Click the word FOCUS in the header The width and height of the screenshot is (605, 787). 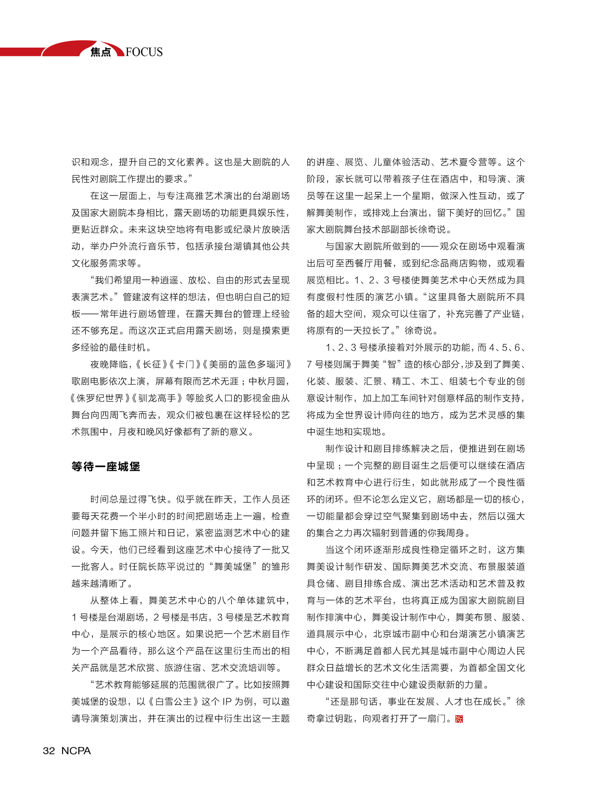point(144,52)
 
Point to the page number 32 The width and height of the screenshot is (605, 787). point(49,751)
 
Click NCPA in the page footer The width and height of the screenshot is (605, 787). point(76,751)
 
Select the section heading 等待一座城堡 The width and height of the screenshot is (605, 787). point(106,466)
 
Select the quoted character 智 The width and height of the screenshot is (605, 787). point(392,364)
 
